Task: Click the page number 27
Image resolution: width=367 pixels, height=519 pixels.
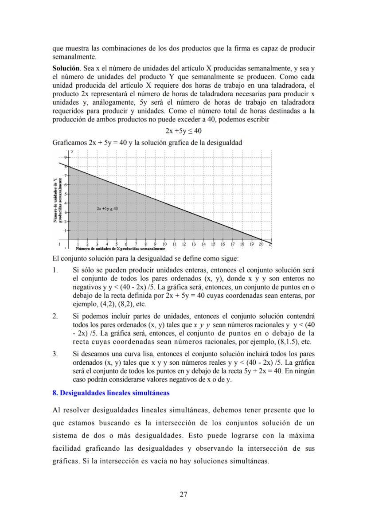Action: point(183,495)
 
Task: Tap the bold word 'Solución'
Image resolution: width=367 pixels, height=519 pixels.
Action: point(66,68)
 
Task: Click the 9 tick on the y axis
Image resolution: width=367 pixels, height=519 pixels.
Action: point(65,157)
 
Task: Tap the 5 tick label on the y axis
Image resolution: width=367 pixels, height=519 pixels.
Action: point(65,194)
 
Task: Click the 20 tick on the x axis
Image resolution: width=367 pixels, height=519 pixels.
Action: point(261,244)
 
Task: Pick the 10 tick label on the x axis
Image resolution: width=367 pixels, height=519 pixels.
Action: point(164,244)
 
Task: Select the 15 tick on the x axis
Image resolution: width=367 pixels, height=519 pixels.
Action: point(213,244)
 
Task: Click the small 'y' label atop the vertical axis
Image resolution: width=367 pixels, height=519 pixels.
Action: point(71,152)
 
